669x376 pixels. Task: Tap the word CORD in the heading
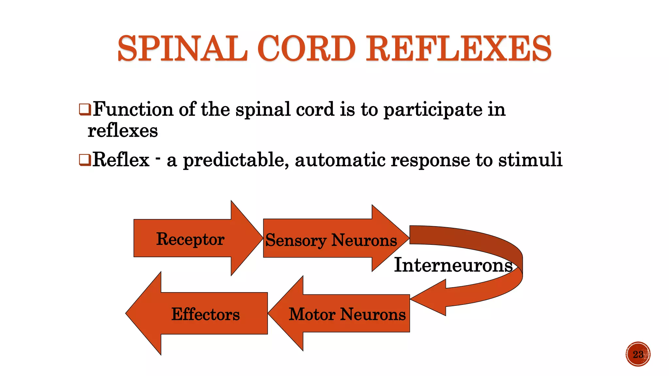(306, 49)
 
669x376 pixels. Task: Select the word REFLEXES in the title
(458, 49)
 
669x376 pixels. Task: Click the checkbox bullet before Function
(85, 109)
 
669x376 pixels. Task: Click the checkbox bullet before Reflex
(85, 160)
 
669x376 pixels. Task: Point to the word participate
(432, 110)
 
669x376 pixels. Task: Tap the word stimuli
(530, 160)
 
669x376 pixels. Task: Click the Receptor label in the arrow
(190, 239)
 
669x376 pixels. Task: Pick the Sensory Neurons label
(331, 241)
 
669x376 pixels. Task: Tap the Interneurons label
(453, 265)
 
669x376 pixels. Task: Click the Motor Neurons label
(347, 315)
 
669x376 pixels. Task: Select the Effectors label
(205, 315)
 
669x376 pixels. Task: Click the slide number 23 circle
(638, 354)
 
